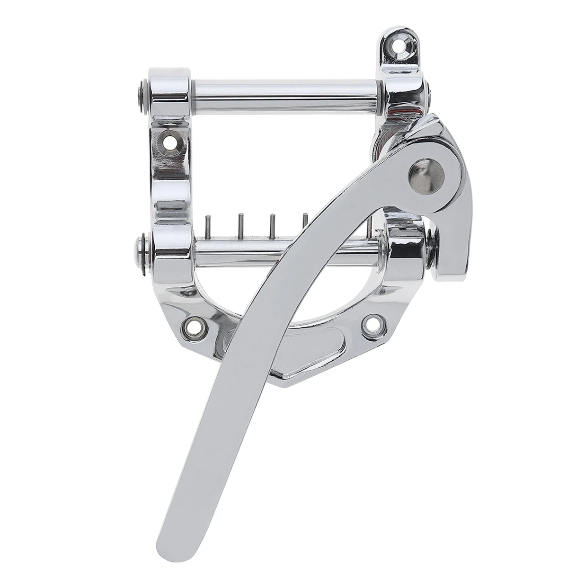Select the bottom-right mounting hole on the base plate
(x=372, y=325)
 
